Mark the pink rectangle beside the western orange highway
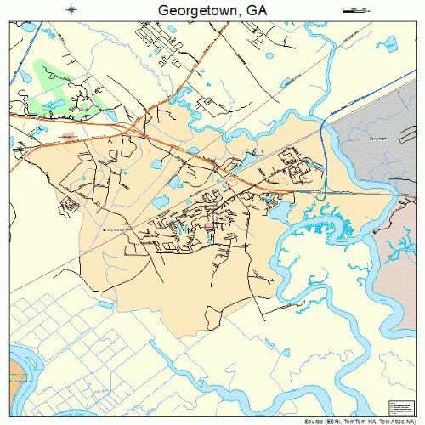(68, 134)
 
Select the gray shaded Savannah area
(374, 153)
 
